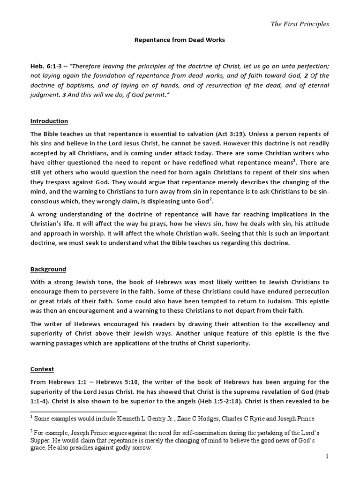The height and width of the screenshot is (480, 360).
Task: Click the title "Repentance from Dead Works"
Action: click(180, 40)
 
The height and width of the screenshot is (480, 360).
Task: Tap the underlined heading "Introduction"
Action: click(49, 121)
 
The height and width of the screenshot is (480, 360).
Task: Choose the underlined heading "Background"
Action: click(48, 269)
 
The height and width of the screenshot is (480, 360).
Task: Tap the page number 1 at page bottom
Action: click(326, 457)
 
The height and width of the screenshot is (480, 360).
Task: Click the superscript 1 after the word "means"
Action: click(294, 160)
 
